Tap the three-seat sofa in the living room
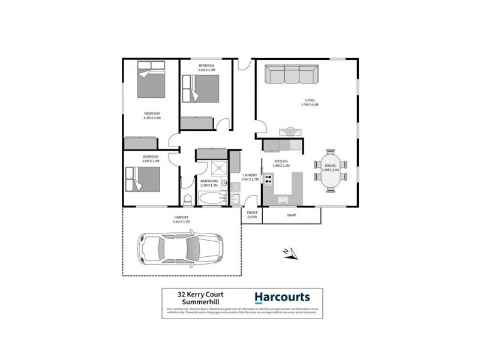(292, 76)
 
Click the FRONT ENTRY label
(252, 215)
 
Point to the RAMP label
(292, 215)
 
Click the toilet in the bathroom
(187, 199)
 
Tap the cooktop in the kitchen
(269, 178)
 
